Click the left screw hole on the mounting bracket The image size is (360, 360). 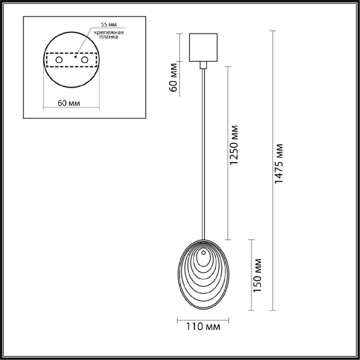tap(58, 61)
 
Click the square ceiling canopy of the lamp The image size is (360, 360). tap(203, 46)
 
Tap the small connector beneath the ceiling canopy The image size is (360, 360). tap(203, 64)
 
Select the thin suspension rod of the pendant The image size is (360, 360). tap(203, 150)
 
